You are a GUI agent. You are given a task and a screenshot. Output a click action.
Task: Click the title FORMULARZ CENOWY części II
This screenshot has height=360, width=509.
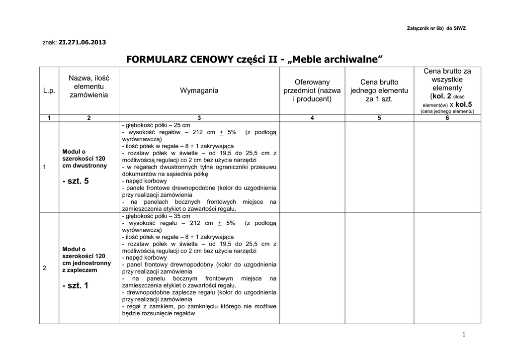(x=254, y=60)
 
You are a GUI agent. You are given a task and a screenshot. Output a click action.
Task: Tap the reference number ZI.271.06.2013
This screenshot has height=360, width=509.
(x=82, y=42)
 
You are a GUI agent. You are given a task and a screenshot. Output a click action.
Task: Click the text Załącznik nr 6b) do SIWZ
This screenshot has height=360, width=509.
(x=436, y=28)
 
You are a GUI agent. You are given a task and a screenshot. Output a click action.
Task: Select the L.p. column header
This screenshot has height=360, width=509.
(x=49, y=90)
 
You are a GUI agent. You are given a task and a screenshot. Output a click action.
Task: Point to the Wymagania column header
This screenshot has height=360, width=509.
(x=199, y=90)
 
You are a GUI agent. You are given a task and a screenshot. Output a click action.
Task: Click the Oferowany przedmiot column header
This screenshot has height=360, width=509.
(x=312, y=90)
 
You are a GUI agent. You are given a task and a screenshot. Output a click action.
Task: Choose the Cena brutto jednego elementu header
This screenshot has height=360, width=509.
(x=379, y=90)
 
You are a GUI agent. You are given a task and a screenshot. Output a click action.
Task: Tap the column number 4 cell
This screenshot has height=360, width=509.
(x=312, y=118)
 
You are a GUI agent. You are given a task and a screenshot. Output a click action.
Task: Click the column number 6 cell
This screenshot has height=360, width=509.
(x=447, y=118)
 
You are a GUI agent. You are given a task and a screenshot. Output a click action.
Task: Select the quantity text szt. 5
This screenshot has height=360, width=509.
(x=76, y=181)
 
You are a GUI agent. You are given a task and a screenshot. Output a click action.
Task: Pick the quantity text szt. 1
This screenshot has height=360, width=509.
(x=76, y=285)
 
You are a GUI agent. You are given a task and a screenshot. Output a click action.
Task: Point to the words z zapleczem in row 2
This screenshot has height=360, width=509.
(x=80, y=270)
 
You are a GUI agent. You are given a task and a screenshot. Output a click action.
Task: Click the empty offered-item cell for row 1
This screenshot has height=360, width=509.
(x=312, y=167)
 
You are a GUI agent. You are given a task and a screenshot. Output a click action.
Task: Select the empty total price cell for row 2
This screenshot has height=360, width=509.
(x=447, y=268)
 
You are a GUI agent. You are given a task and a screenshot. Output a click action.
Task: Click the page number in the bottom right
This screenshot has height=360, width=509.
(x=463, y=335)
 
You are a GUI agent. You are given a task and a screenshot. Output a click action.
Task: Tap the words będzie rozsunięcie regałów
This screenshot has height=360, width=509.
(x=158, y=314)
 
